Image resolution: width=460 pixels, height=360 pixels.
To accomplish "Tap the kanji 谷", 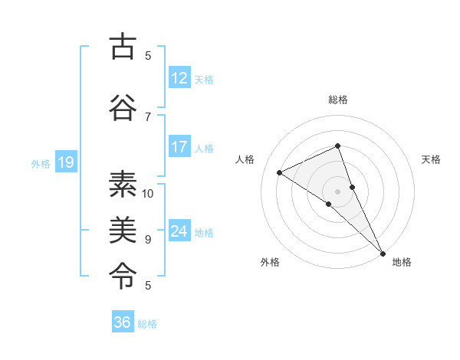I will point(123,107).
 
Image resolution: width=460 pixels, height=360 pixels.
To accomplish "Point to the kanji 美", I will point(123,228).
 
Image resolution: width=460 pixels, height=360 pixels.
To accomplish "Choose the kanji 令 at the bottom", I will point(123,273).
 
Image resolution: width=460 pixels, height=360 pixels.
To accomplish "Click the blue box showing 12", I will point(179,78).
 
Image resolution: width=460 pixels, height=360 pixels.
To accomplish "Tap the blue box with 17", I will point(179,148).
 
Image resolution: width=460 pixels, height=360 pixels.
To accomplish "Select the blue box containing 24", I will point(179,232).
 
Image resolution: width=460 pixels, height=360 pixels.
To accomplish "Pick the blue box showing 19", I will point(65,162).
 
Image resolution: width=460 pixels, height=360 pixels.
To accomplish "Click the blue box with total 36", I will point(123,322).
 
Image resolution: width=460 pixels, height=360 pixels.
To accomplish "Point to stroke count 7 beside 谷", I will point(148,116).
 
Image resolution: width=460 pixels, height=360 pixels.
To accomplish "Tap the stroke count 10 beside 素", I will point(148,193).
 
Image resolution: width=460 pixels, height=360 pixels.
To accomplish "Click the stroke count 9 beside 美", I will point(148,239).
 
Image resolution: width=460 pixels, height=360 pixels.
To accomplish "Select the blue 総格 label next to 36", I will point(148,324).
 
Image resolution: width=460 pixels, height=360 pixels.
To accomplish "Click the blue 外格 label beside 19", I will point(41,163).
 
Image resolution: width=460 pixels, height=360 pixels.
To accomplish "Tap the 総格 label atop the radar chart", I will point(338,100).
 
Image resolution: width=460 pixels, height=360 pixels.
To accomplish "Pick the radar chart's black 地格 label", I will point(402,262).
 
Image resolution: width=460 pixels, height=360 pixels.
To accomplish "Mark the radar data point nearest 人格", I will point(280,172).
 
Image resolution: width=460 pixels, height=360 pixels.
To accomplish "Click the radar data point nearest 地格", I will point(383,252).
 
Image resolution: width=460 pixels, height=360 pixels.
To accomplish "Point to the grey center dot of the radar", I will point(337,191).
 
